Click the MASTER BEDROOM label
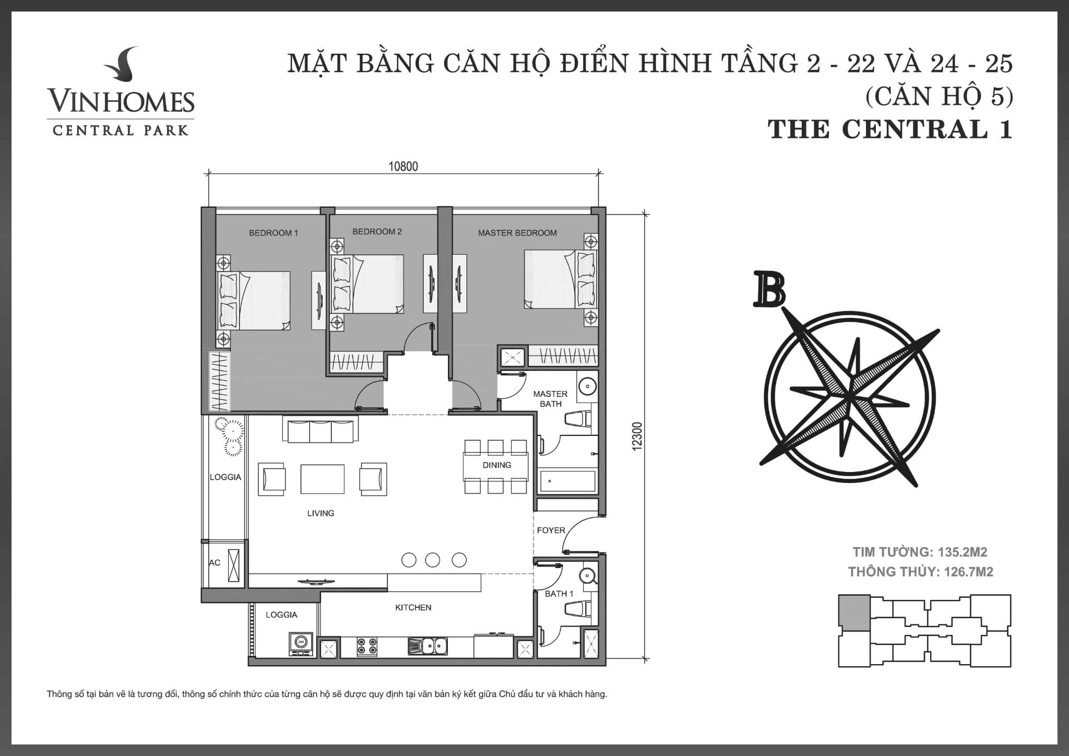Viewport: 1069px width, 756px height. (x=517, y=233)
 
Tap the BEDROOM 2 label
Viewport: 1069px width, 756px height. (x=377, y=231)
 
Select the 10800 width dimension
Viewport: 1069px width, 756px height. (x=403, y=167)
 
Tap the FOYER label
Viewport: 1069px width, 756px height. (x=551, y=530)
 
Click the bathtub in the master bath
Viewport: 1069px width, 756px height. (x=567, y=481)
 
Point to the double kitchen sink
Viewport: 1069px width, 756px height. (x=427, y=646)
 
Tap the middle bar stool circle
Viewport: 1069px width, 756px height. (x=432, y=560)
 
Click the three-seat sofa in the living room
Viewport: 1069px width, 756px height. (x=320, y=430)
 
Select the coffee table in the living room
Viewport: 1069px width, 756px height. (x=322, y=479)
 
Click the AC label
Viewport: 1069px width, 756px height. (x=214, y=562)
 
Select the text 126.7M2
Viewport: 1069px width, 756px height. (x=968, y=572)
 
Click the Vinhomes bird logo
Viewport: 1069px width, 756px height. (x=121, y=67)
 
